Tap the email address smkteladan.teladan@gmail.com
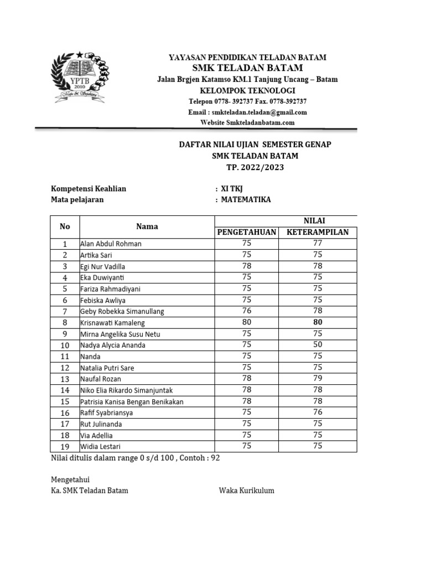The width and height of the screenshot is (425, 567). pos(247,112)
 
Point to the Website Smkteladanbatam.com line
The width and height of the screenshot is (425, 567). pos(247,122)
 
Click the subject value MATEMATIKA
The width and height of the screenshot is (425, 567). pos(246,199)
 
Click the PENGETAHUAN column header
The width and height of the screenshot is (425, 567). pos(246,232)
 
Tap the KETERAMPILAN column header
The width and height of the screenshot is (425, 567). pos(318,232)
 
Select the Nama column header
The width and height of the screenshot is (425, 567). pos(147,226)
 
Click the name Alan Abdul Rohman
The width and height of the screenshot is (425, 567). pos(111,244)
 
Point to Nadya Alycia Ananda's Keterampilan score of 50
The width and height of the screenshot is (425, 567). pos(318,344)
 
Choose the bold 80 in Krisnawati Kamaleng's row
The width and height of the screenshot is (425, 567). pos(318,322)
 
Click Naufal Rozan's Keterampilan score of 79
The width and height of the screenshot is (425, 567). pos(318,378)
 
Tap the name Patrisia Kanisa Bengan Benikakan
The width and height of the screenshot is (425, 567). pos(132,401)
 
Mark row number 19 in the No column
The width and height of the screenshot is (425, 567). pos(65,446)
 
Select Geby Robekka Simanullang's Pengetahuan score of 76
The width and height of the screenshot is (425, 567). pos(246,311)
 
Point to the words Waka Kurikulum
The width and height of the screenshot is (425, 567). pos(246,491)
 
